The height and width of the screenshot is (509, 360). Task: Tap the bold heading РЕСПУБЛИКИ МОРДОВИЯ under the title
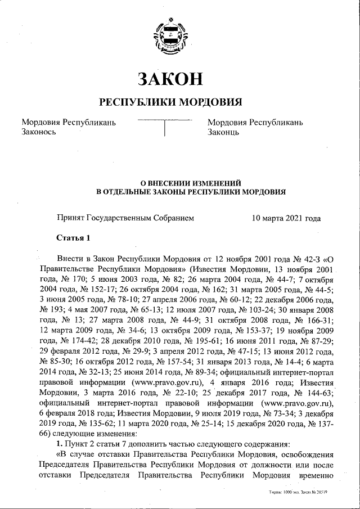coord(170,102)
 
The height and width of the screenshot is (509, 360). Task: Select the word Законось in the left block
coord(38,133)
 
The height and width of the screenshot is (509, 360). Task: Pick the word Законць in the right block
coord(223,133)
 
